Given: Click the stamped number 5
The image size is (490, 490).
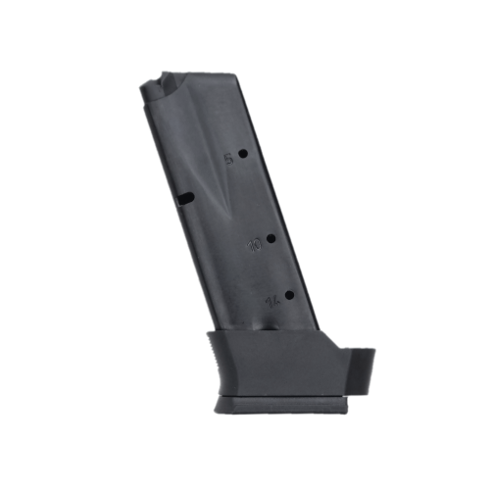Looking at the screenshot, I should tap(230, 157).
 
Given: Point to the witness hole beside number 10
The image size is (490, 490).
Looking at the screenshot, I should tap(269, 237).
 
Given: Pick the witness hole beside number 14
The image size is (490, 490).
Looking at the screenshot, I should tap(288, 294).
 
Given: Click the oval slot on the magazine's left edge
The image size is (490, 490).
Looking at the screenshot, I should tap(184, 199).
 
